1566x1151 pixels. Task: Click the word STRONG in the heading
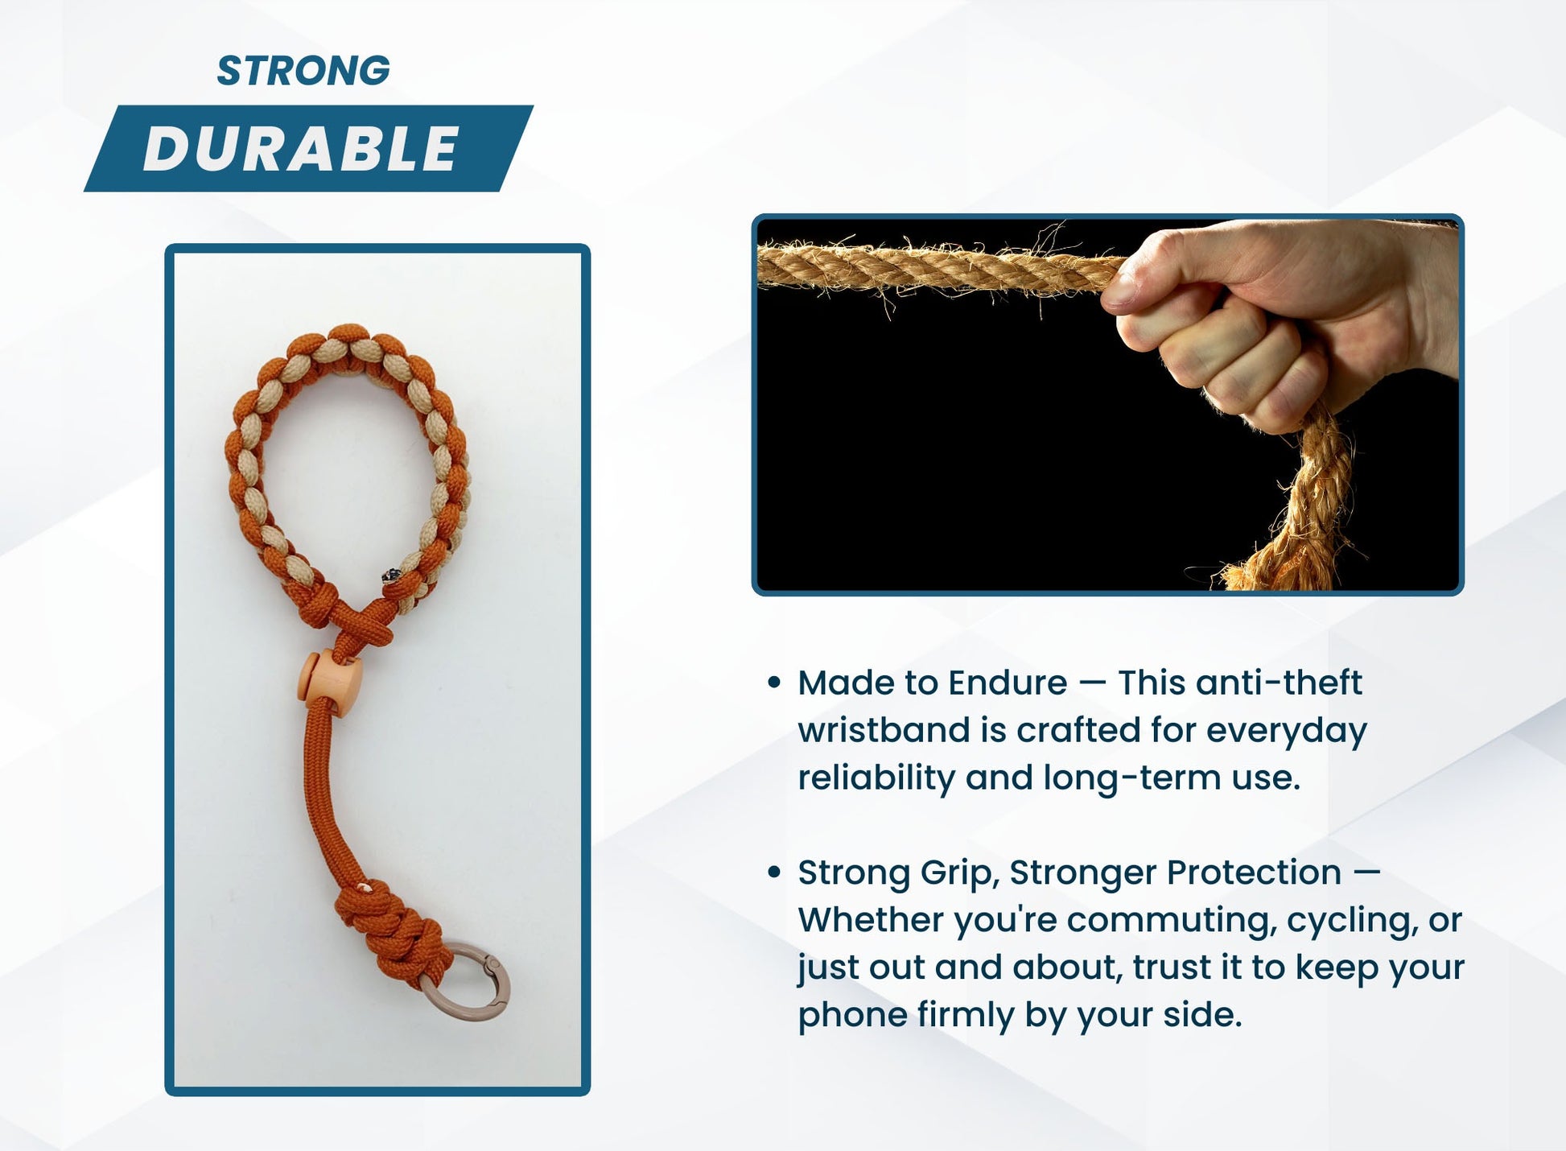[303, 71]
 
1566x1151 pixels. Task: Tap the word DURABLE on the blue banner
[301, 149]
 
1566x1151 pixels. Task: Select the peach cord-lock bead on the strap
[332, 680]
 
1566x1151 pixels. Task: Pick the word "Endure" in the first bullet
[1008, 683]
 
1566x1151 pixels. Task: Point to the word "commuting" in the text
[1168, 920]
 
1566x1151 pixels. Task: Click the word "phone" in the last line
[851, 1015]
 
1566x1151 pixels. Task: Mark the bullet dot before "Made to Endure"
[774, 683]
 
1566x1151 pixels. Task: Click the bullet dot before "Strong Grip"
[774, 873]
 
